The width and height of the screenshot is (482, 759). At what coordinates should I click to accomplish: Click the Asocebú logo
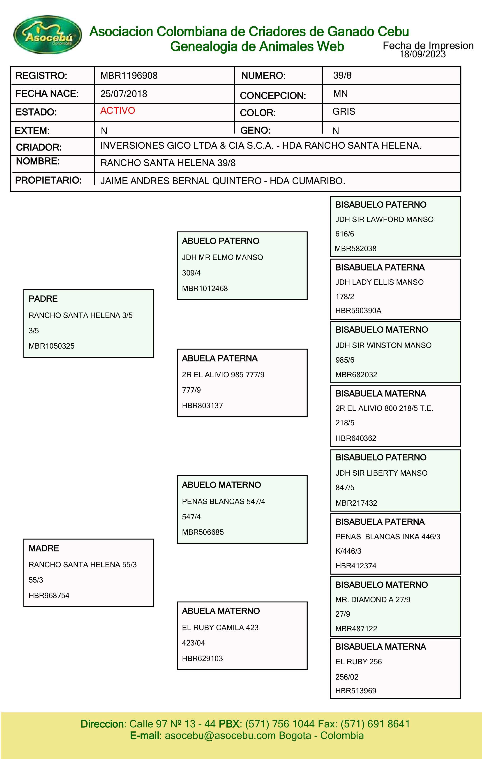[x=47, y=35]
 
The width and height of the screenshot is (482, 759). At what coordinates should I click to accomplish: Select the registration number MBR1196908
[x=129, y=76]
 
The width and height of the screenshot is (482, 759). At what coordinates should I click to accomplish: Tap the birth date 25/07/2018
[x=124, y=94]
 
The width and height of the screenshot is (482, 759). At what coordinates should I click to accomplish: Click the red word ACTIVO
[x=118, y=111]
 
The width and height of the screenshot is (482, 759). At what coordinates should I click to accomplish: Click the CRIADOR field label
[x=39, y=147]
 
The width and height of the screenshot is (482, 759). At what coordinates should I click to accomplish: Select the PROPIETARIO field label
[x=48, y=180]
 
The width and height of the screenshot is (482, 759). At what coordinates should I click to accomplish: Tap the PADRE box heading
[x=43, y=299]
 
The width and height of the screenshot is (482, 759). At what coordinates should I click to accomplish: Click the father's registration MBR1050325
[x=52, y=346]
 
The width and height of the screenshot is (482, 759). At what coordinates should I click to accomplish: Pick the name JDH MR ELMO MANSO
[x=222, y=257]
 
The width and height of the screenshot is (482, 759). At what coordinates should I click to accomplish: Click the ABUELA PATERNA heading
[x=220, y=358]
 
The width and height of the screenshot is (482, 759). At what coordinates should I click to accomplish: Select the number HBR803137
[x=202, y=406]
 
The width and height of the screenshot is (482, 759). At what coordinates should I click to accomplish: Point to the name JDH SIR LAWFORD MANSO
[x=384, y=219]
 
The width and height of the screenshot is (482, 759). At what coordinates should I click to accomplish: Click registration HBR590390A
[x=358, y=311]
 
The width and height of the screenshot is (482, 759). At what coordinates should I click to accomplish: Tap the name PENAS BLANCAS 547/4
[x=223, y=502]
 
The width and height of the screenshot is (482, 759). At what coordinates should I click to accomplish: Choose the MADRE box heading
[x=44, y=548]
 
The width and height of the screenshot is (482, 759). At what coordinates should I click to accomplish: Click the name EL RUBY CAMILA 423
[x=220, y=627]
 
